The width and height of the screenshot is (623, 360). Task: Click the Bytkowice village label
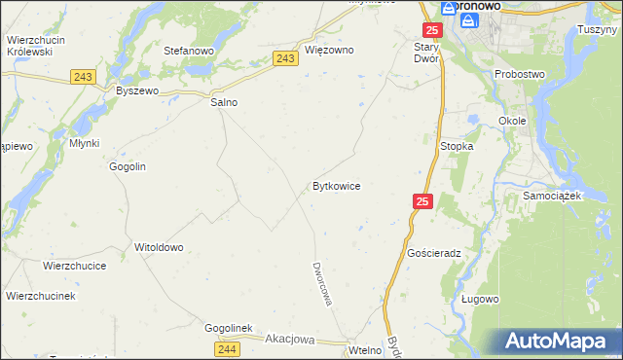coord(337,185)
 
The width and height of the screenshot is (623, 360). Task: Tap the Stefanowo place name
coord(189,50)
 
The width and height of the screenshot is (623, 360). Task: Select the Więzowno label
coord(329,50)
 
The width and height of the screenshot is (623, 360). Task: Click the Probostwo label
coord(520,74)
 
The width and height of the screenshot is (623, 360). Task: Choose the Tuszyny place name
coord(598,29)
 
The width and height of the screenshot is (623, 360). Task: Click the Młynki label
coord(85,141)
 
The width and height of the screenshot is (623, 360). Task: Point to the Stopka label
coord(457,146)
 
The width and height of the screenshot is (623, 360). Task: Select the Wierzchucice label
coord(74,265)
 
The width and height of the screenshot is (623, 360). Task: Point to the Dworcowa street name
coord(323,283)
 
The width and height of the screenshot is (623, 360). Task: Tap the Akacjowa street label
coord(290,340)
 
